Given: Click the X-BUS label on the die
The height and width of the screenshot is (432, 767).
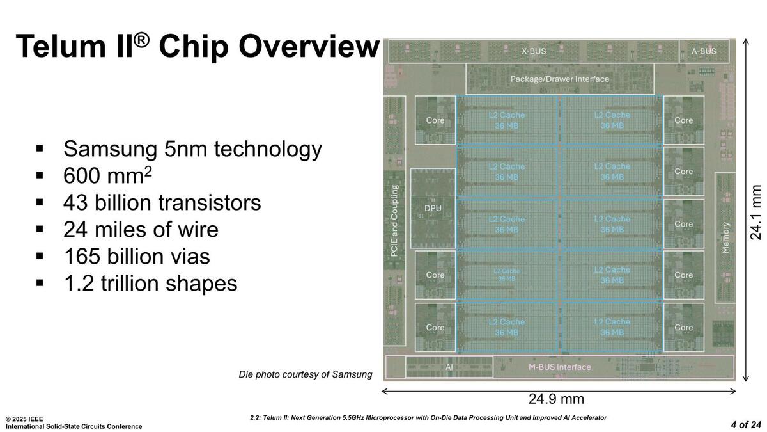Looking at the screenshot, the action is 534,51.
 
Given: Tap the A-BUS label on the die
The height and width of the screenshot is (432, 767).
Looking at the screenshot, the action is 704,51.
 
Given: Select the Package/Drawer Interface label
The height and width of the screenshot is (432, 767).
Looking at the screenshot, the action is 560,79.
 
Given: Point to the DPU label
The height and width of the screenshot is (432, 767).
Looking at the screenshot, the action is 433,208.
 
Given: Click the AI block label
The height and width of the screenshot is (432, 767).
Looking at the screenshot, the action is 449,367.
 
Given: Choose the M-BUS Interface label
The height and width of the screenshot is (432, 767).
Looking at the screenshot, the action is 560,367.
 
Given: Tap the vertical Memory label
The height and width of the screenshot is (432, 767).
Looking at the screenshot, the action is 725,237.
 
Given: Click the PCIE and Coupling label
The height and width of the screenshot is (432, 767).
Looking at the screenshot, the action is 394,221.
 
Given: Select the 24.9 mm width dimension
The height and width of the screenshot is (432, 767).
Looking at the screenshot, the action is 557,399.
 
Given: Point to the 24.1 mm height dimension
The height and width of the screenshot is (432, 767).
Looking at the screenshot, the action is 755,212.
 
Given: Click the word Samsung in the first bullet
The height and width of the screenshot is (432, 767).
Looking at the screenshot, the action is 110,150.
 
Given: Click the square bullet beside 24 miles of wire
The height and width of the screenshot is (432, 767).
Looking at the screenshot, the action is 40,229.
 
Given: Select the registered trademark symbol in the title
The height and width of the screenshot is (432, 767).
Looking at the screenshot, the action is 141,41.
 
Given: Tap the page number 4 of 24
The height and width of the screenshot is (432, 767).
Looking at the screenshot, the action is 746,425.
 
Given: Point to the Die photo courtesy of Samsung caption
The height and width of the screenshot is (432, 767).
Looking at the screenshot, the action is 306,374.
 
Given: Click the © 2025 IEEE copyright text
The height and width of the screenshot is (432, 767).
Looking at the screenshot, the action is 24,419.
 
